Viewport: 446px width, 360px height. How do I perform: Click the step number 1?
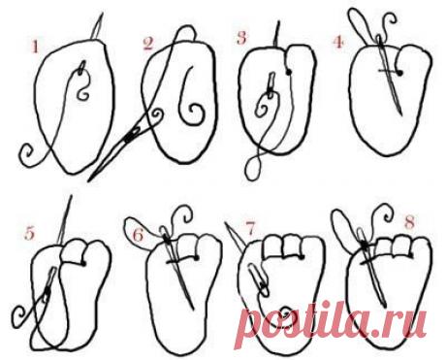(x=35, y=48)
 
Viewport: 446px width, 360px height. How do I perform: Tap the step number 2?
(x=147, y=44)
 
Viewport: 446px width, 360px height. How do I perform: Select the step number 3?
(x=241, y=38)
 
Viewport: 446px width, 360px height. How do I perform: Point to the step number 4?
(x=338, y=43)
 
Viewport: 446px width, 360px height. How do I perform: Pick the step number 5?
(x=29, y=233)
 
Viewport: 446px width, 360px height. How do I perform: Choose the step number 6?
(x=139, y=235)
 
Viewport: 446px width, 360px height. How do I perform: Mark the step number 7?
(x=250, y=229)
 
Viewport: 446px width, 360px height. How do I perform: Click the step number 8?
(x=409, y=222)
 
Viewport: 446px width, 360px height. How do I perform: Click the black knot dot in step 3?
(x=289, y=72)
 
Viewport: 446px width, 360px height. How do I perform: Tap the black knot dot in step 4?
(x=400, y=74)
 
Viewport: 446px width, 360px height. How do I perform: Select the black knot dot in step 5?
(x=83, y=263)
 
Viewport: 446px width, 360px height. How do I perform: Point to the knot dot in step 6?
(x=196, y=258)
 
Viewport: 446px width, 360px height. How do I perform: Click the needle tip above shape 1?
(x=102, y=14)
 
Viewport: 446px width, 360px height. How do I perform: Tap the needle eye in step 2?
(x=132, y=136)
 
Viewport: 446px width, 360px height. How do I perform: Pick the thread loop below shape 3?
(x=253, y=169)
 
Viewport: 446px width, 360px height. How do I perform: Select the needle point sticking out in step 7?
(x=226, y=223)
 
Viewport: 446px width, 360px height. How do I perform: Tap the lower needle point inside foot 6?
(x=193, y=309)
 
